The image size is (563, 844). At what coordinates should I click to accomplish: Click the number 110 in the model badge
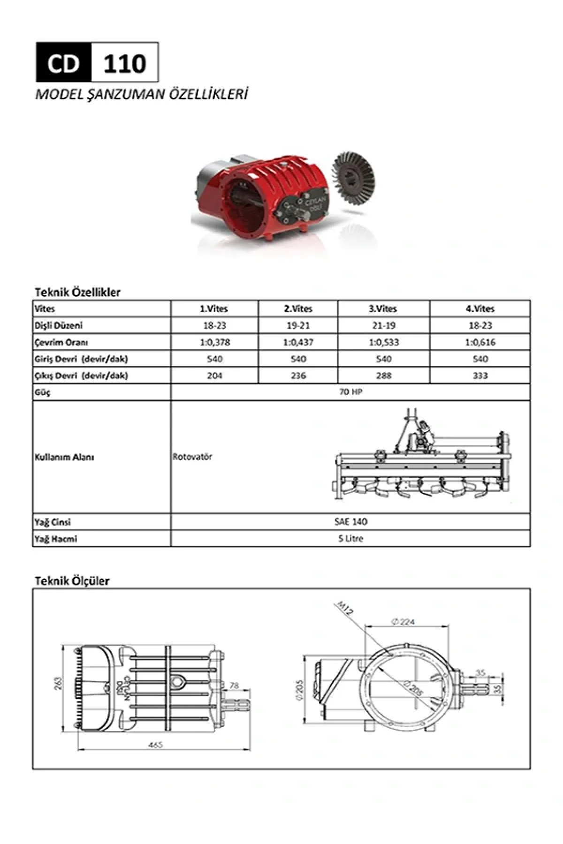click(x=124, y=63)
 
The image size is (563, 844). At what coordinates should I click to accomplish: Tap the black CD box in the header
click(x=63, y=63)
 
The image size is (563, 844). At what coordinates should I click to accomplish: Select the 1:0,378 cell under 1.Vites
click(x=214, y=342)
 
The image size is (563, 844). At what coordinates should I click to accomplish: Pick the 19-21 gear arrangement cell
click(x=298, y=325)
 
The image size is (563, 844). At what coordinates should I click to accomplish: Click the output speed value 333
click(x=480, y=376)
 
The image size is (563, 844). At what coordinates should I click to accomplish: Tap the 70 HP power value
click(x=350, y=392)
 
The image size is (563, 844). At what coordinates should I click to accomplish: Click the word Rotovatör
click(x=192, y=457)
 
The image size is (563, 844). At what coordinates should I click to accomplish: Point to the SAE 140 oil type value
click(x=350, y=521)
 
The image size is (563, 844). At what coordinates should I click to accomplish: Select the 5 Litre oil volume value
click(x=350, y=538)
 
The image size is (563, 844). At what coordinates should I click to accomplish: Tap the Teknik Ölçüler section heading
click(x=72, y=580)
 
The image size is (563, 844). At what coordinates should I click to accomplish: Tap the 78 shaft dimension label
click(x=234, y=686)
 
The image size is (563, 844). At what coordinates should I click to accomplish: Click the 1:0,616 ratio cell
click(x=480, y=342)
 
